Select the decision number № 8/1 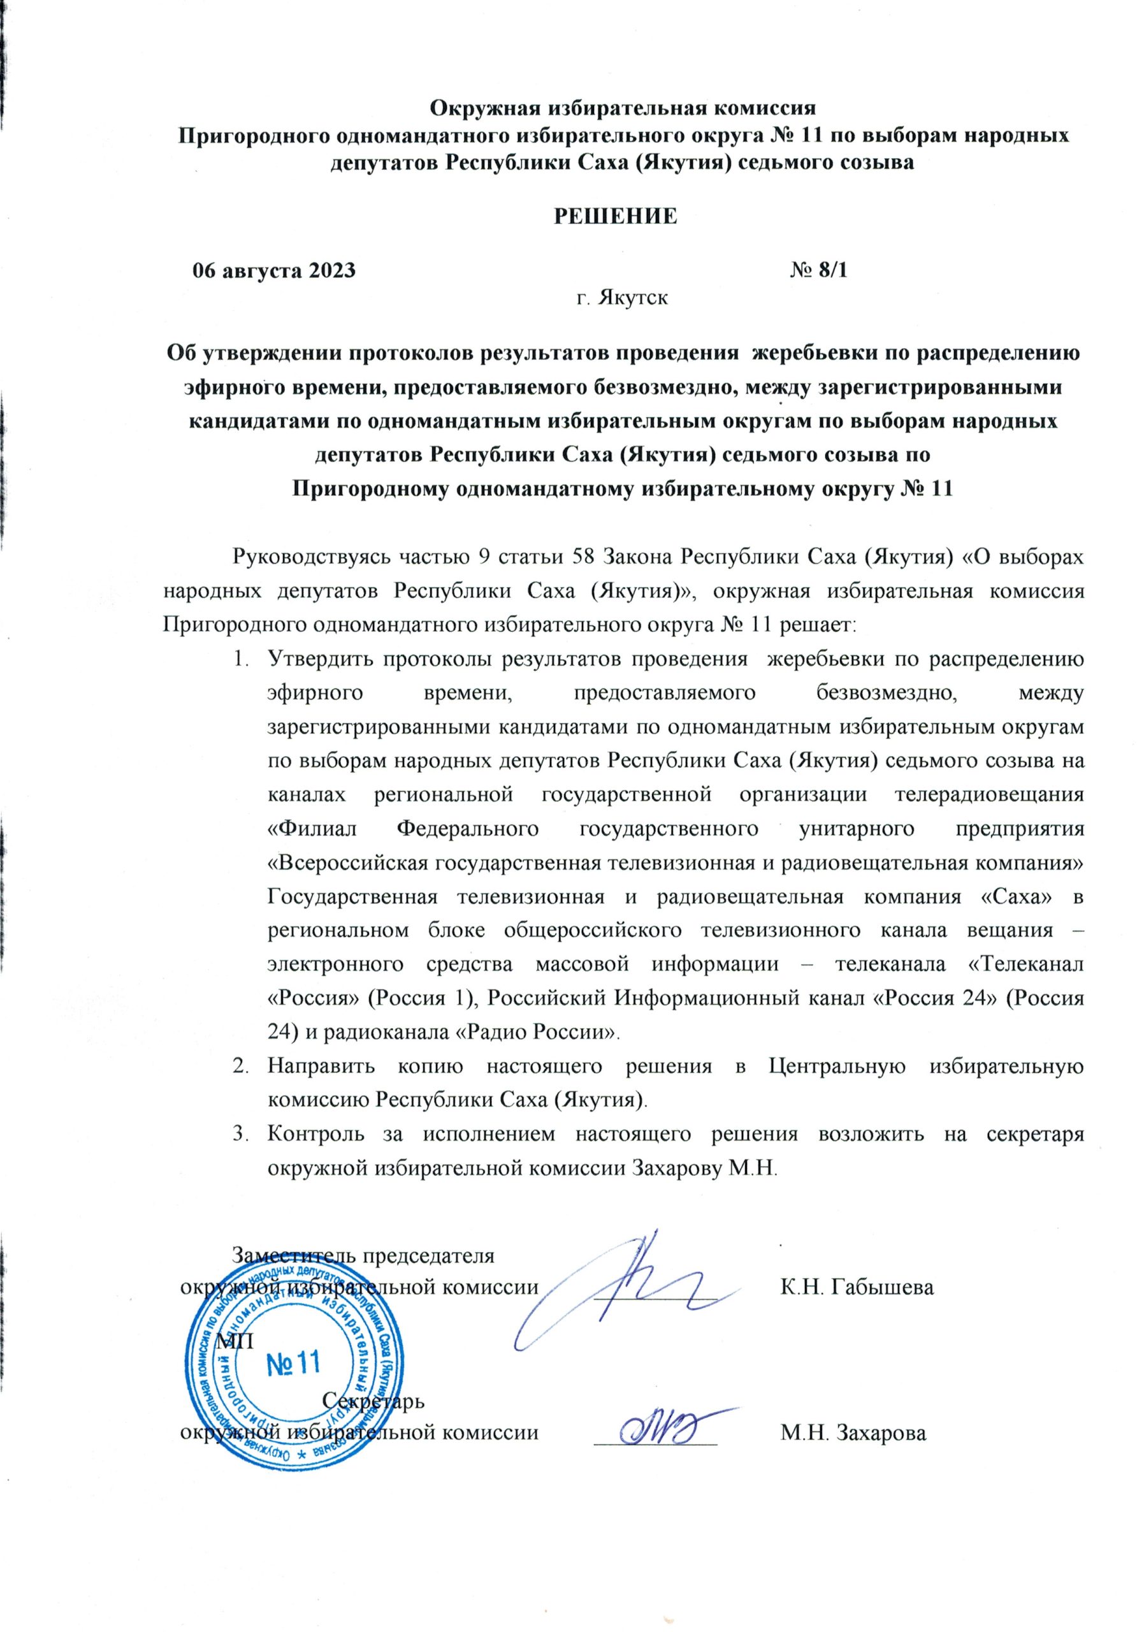(x=818, y=271)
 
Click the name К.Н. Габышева (x=856, y=1287)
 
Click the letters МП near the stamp (x=235, y=1339)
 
